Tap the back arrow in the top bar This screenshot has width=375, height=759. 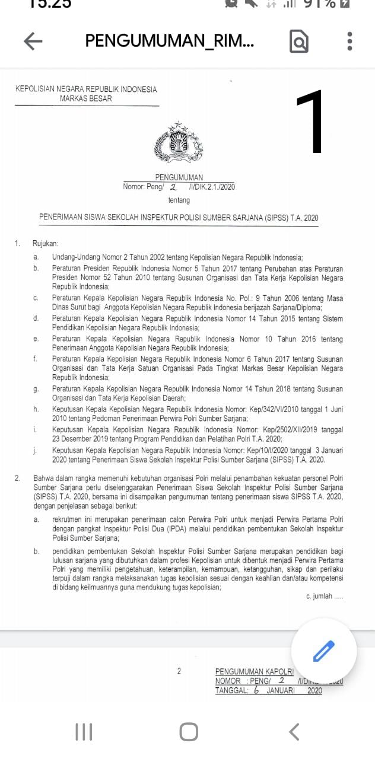click(x=33, y=41)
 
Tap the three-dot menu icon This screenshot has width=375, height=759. click(x=349, y=41)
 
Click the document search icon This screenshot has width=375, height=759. click(x=299, y=42)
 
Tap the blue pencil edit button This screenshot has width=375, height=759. click(x=324, y=650)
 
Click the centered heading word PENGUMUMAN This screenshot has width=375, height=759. click(x=179, y=177)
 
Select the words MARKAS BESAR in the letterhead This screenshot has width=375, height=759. click(x=85, y=98)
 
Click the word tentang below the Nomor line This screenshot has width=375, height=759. click(x=179, y=200)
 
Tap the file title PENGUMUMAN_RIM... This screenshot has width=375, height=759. click(x=170, y=41)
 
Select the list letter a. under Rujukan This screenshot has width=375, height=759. click(x=37, y=257)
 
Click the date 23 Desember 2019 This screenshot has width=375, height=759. click(x=83, y=438)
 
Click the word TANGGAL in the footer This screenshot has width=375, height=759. click(x=231, y=690)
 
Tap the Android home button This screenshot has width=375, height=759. click(x=189, y=732)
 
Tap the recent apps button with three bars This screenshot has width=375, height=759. click(x=84, y=732)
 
